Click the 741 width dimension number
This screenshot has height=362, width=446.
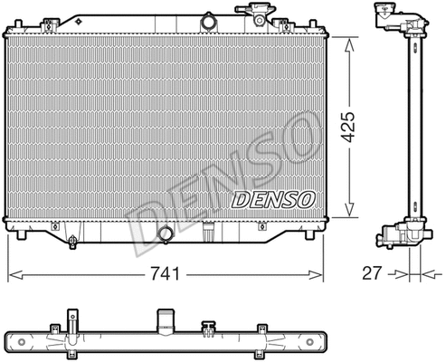tap(165, 272)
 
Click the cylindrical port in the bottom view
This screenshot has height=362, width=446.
tap(166, 319)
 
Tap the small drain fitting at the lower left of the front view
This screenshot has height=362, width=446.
tap(72, 240)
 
